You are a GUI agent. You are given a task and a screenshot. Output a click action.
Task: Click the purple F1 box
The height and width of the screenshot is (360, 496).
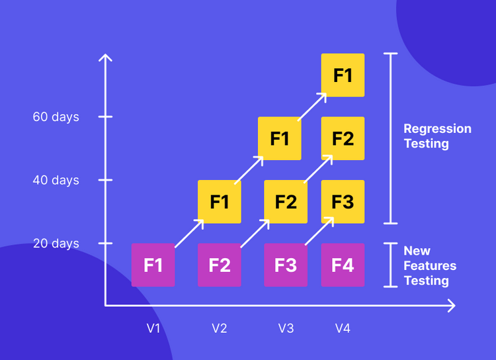tap(153, 265)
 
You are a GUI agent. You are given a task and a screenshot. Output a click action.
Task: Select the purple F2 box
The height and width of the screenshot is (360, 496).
tap(220, 265)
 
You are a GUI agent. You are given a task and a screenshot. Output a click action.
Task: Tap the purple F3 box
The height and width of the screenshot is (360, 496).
tap(286, 265)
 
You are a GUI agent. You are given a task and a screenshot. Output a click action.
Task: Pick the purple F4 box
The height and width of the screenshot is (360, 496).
tap(343, 265)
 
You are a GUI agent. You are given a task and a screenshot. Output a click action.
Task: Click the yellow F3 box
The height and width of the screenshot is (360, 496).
tap(343, 201)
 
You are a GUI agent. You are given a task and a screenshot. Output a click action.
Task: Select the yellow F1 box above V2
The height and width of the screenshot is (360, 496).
tap(220, 201)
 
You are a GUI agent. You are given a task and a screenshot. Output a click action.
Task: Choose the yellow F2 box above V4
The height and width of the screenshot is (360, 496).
tap(343, 138)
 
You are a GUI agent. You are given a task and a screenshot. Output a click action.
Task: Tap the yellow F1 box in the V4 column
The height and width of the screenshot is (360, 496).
tap(343, 75)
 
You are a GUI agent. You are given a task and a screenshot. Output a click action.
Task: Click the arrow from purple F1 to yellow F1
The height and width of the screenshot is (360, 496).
tap(190, 233)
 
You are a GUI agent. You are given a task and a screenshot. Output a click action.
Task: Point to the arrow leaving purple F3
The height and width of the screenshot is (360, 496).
tap(319, 233)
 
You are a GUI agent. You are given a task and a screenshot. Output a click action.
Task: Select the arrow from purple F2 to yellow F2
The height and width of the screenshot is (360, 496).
tap(255, 233)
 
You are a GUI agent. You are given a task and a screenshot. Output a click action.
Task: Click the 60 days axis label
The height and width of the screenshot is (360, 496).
tap(56, 117)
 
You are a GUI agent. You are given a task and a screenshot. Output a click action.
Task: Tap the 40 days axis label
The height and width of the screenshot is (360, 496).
tap(56, 180)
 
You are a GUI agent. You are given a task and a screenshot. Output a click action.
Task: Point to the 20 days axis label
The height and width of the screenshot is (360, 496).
tap(56, 244)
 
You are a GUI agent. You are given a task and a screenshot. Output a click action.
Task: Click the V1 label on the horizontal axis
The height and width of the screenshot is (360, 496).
tap(153, 328)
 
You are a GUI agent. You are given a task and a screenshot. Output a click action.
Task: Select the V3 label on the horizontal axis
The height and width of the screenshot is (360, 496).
tap(286, 328)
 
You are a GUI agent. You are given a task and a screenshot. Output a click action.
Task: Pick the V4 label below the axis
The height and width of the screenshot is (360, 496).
tap(343, 328)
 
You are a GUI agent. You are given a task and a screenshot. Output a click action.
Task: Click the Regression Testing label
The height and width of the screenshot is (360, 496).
tap(437, 136)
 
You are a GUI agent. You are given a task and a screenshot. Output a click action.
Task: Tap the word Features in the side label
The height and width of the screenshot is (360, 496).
tap(430, 265)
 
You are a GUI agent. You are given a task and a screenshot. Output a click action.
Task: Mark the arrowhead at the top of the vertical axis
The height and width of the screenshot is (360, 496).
tap(105, 57)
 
